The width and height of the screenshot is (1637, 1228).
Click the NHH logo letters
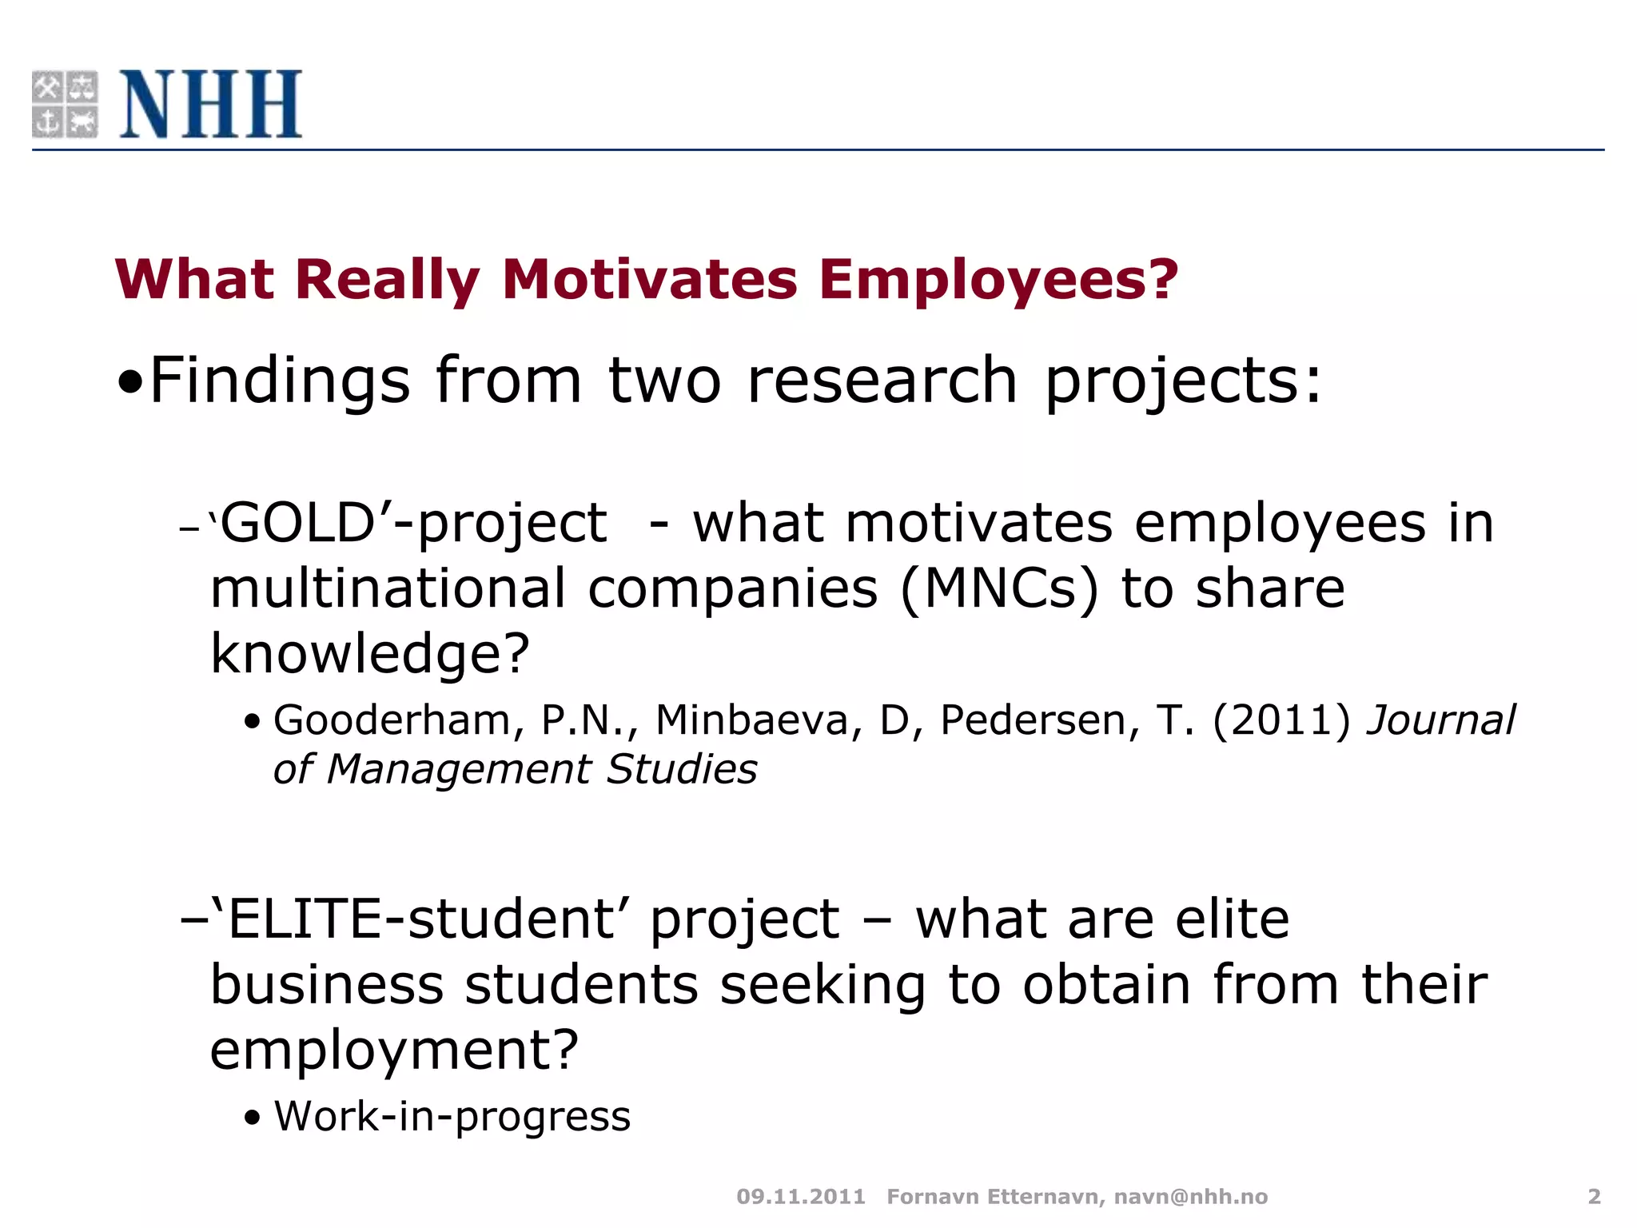211,104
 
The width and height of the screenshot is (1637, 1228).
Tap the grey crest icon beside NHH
65,104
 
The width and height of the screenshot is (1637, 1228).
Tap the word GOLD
297,524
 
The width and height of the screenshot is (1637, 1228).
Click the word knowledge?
370,654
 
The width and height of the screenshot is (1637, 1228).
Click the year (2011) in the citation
1281,720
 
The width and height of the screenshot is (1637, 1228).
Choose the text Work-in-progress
452,1116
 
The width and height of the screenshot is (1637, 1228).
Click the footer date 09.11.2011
801,1197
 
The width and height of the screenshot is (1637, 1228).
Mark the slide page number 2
1594,1197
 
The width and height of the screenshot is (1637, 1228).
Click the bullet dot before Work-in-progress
253,1118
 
